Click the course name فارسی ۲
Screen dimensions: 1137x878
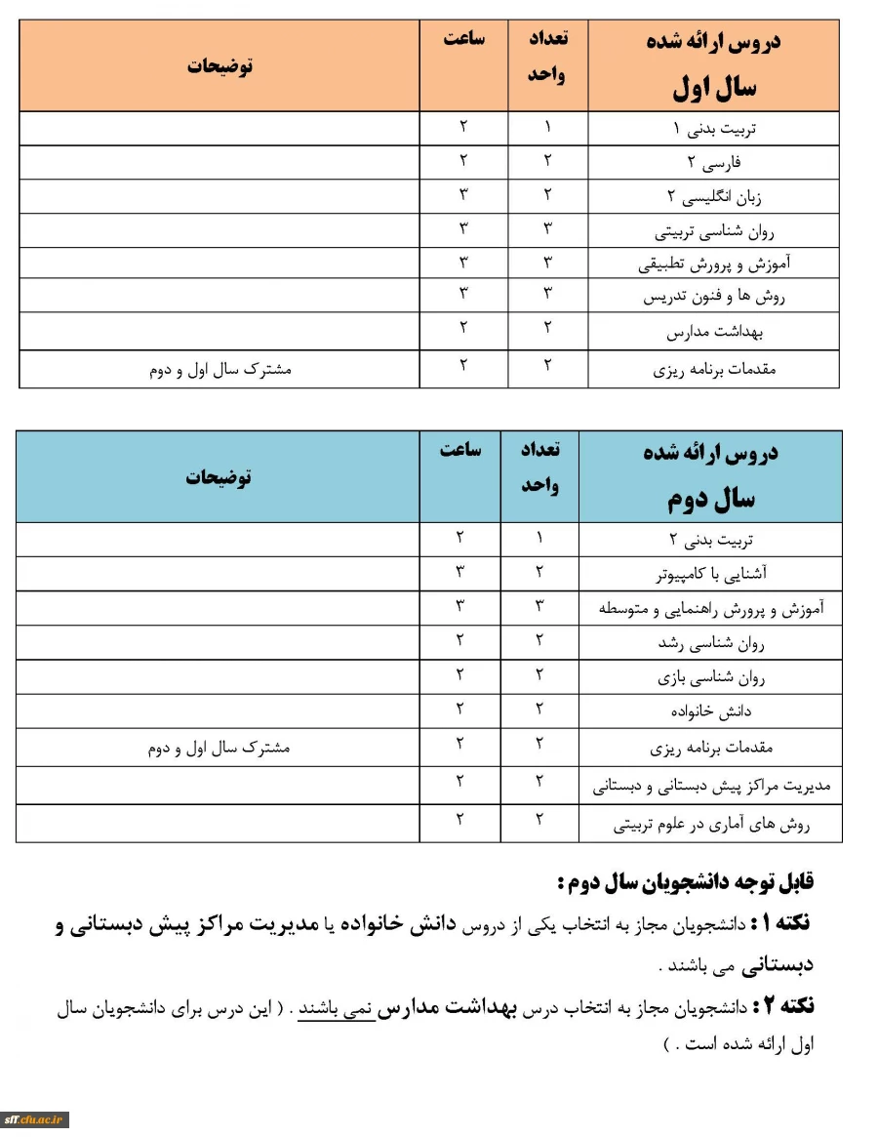[715, 162]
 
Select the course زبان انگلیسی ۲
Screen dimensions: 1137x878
[715, 197]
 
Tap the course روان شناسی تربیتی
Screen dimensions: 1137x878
[715, 232]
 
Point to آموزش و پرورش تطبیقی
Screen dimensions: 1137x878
[715, 264]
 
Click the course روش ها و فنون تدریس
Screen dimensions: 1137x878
[715, 297]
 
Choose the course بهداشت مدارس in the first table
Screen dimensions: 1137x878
[715, 333]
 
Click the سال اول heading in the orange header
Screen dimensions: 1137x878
[714, 89]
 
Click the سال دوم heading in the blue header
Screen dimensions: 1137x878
[711, 500]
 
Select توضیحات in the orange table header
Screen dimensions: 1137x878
[219, 66]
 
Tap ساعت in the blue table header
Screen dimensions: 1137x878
[460, 450]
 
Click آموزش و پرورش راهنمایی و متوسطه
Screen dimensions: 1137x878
[711, 609]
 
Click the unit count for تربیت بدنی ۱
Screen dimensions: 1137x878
[547, 127]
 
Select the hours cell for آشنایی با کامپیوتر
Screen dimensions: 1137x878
[460, 572]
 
